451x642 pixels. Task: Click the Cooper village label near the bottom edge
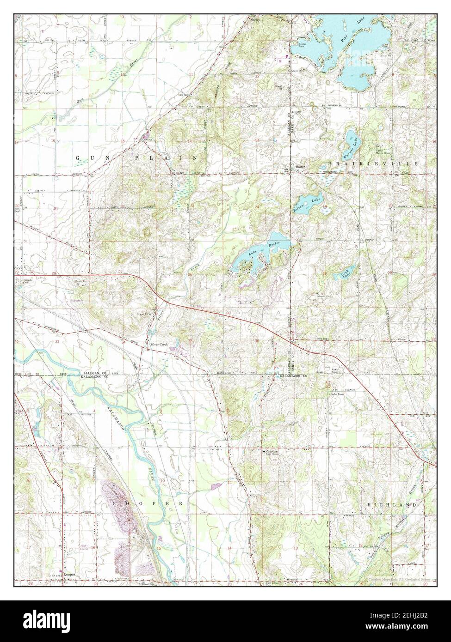click(70, 575)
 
